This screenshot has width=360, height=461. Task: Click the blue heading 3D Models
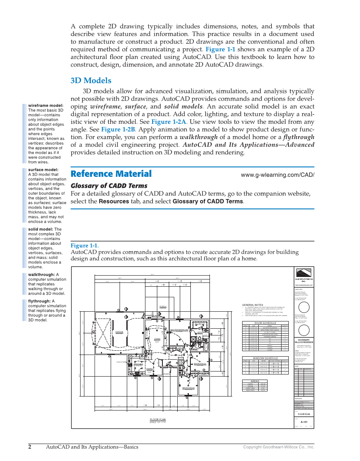pyautogui.click(x=91, y=81)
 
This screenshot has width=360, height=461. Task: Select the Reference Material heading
pyautogui.click(x=111, y=174)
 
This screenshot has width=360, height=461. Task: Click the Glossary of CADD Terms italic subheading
pyautogui.click(x=109, y=186)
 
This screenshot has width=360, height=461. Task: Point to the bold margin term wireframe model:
pyautogui.click(x=46, y=106)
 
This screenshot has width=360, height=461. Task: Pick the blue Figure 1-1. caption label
pyautogui.click(x=84, y=246)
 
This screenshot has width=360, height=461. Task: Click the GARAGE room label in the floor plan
pyautogui.click(x=120, y=332)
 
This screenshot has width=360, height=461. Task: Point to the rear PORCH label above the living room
pyautogui.click(x=163, y=306)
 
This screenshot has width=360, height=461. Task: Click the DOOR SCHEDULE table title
pyautogui.click(x=265, y=323)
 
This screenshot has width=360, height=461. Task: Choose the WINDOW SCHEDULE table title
pyautogui.click(x=265, y=358)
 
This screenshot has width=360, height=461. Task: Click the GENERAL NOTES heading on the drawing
pyautogui.click(x=253, y=305)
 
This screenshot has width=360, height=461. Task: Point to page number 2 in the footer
pyautogui.click(x=30, y=447)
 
